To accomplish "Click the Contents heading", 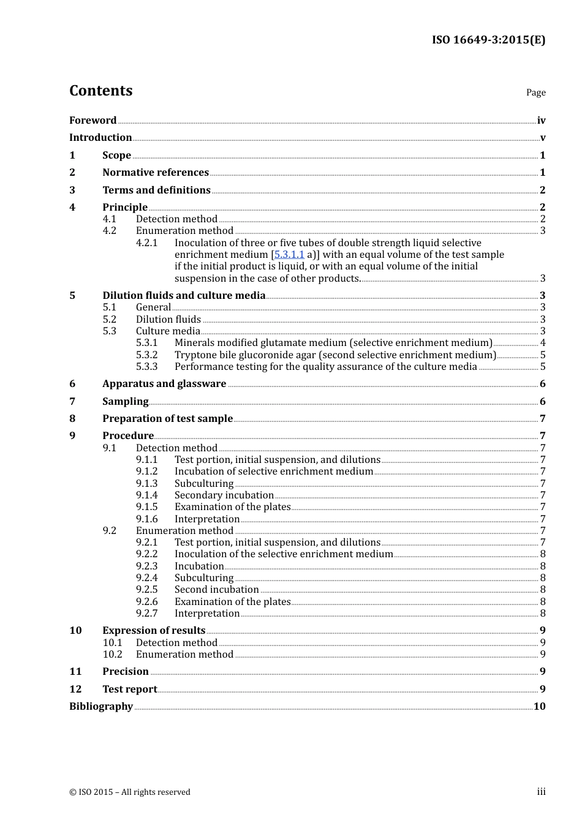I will (x=100, y=91).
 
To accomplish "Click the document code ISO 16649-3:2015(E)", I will (x=488, y=40).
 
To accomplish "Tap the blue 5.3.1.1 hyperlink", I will (x=289, y=254).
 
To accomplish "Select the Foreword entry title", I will (x=93, y=120).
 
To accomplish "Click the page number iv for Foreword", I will (x=541, y=120).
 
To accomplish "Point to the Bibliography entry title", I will (x=101, y=706).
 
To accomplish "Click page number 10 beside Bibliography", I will (x=539, y=706).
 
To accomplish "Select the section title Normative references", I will (x=156, y=172).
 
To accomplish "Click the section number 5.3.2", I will (x=146, y=355).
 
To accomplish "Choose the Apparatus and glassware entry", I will (x=164, y=383).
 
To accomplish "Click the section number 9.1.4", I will (x=146, y=495).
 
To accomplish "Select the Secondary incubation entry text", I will (x=224, y=495).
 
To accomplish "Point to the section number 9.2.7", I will (x=146, y=613).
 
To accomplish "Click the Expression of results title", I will (x=154, y=630).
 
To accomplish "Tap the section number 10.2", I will (x=112, y=654).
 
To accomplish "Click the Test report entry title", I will (x=130, y=689).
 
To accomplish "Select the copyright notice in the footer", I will (x=130, y=792).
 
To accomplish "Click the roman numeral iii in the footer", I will (x=541, y=792).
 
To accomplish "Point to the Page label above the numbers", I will (x=535, y=92).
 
